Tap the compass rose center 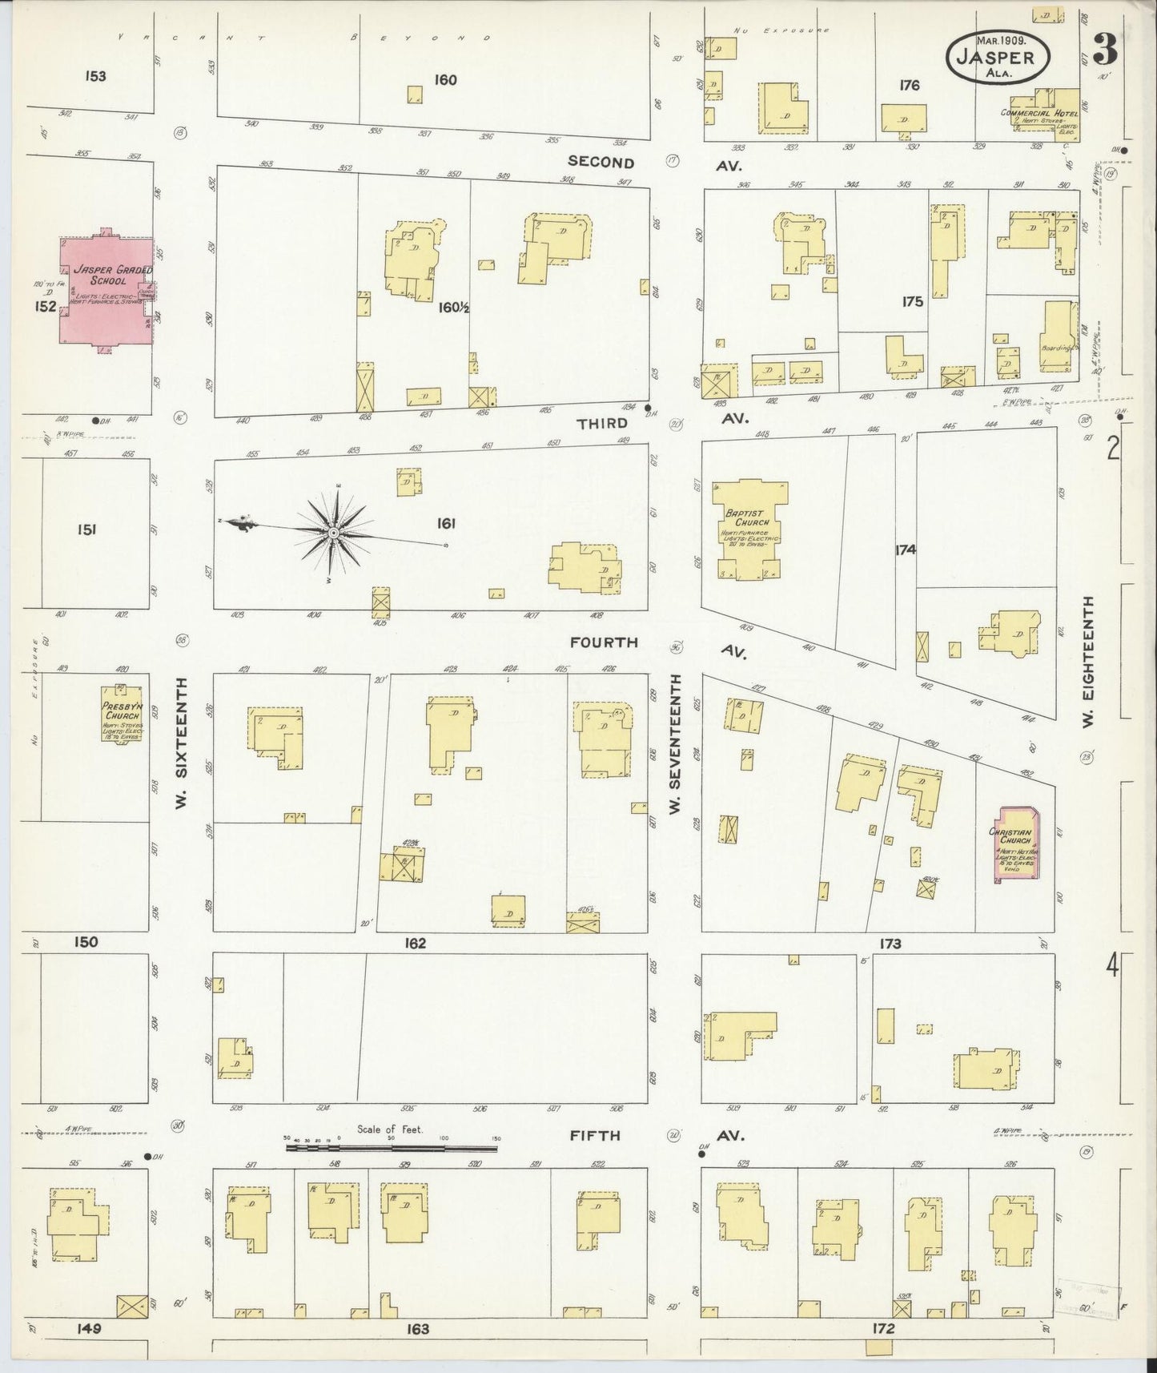[333, 533]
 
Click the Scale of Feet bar [392, 1147]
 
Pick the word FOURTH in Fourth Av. [604, 642]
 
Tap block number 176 [909, 85]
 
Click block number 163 [417, 1329]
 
